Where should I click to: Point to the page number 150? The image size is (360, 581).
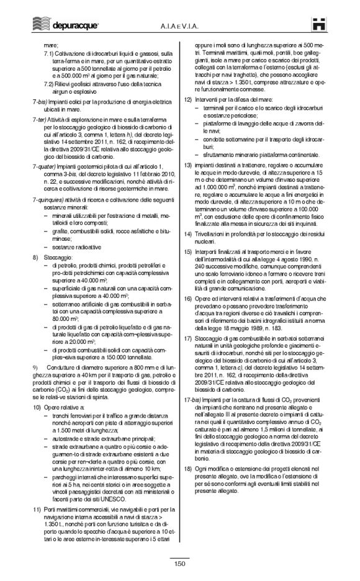pyautogui.click(x=180, y=563)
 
